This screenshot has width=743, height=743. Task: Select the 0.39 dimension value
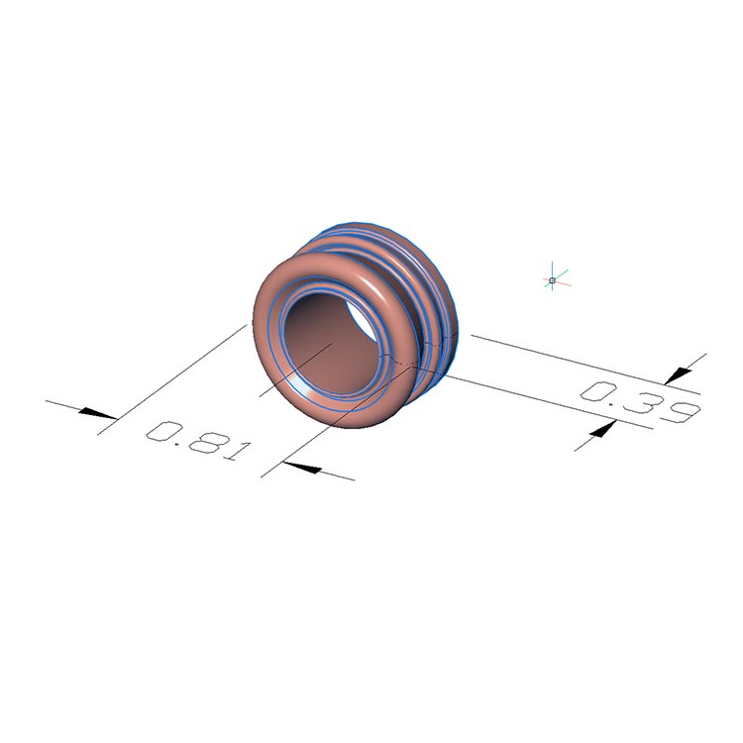[x=641, y=401]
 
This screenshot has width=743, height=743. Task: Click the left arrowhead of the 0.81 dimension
[x=97, y=413]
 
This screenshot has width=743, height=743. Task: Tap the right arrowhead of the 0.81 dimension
[x=302, y=468]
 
